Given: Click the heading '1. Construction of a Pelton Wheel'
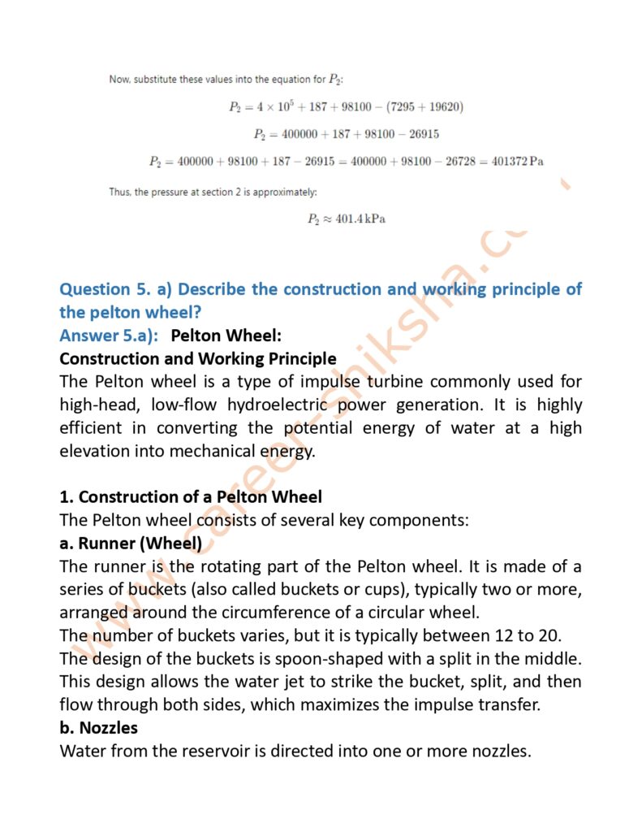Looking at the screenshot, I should click(x=191, y=496).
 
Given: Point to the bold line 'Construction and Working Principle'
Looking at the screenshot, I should click(x=197, y=357).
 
